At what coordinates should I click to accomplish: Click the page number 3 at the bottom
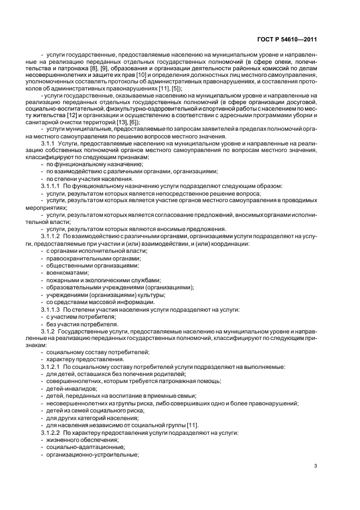click(316, 466)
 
